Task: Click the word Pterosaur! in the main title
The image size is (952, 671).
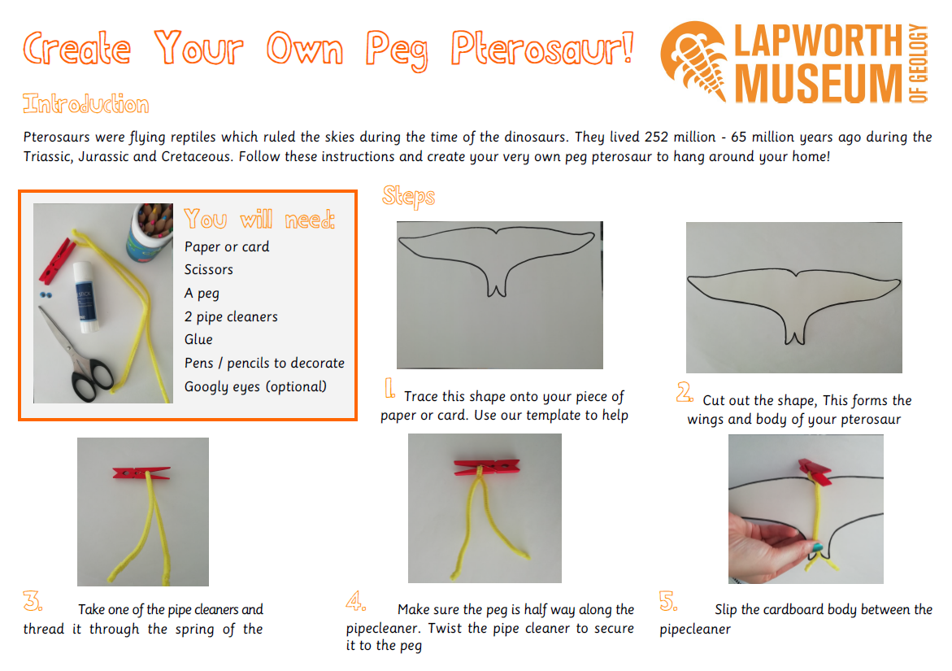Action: [x=542, y=49]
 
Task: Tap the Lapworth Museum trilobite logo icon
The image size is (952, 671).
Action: [x=694, y=60]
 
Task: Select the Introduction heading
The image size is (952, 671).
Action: [x=85, y=104]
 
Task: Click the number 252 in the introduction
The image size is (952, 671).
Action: [x=656, y=137]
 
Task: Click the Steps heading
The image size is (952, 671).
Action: [x=409, y=197]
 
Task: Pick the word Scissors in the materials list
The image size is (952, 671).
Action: [x=208, y=269]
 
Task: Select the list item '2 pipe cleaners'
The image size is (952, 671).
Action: [x=231, y=317]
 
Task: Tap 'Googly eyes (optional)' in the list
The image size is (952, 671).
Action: [x=255, y=387]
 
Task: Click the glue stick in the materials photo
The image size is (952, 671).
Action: [x=85, y=297]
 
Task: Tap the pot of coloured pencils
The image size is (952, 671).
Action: [x=150, y=233]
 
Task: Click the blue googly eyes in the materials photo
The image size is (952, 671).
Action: [x=46, y=296]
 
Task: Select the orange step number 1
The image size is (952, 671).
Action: [x=389, y=389]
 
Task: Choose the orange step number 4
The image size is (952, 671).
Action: [x=355, y=600]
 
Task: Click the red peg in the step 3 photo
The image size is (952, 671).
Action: [x=141, y=473]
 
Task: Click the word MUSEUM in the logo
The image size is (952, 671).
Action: [x=819, y=83]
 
